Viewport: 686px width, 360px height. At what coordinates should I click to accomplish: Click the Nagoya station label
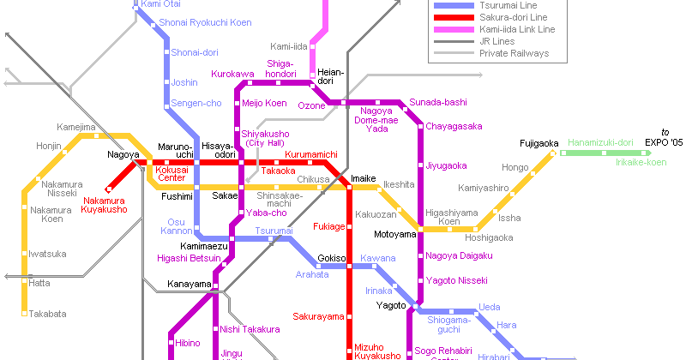pyautogui.click(x=123, y=155)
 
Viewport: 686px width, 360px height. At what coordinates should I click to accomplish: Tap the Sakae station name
pyautogui.click(x=226, y=195)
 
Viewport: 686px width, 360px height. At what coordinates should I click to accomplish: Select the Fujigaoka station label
pyautogui.click(x=539, y=143)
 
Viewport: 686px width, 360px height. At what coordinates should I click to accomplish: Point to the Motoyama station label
pyautogui.click(x=395, y=233)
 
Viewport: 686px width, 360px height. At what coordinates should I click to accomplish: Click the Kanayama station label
pyautogui.click(x=189, y=284)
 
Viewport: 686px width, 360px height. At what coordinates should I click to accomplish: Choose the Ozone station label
pyautogui.click(x=311, y=105)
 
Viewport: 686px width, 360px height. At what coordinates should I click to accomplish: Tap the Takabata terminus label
pyautogui.click(x=47, y=314)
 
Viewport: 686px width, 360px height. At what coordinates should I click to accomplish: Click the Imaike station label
pyautogui.click(x=364, y=178)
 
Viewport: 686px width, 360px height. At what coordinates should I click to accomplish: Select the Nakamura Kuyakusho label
pyautogui.click(x=105, y=205)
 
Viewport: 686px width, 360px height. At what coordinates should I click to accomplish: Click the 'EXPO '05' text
pyautogui.click(x=665, y=142)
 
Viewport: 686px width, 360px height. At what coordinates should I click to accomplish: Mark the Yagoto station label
pyautogui.click(x=391, y=305)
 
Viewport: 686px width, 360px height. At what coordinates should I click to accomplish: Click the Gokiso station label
pyautogui.click(x=331, y=258)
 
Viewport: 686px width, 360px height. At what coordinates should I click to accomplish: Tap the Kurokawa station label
pyautogui.click(x=232, y=75)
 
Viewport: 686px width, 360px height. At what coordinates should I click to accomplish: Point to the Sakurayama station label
pyautogui.click(x=319, y=315)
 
